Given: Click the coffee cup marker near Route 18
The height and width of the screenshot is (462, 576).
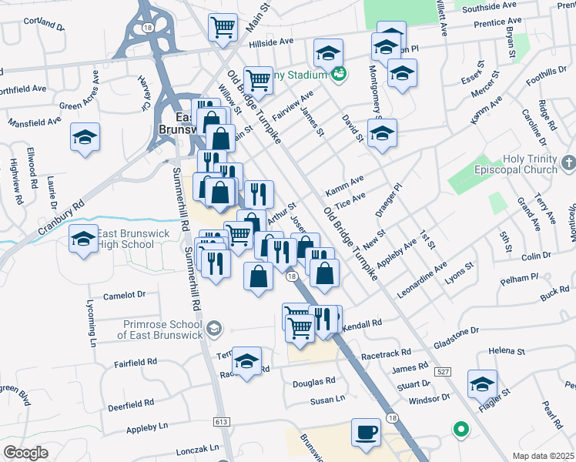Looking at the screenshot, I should [x=366, y=432].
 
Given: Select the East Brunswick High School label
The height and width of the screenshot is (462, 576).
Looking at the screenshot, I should [x=114, y=239].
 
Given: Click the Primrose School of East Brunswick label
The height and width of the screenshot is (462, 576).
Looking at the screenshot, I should [x=159, y=330].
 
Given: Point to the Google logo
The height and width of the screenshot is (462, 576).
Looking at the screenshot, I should [x=25, y=452].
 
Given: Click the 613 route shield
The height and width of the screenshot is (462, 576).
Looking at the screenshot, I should [x=222, y=422].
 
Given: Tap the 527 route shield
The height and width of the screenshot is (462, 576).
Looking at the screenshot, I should [x=442, y=372].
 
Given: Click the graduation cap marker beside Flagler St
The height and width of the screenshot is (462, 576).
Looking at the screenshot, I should [x=482, y=383].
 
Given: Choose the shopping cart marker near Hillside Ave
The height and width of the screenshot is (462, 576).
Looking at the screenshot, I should [x=223, y=26].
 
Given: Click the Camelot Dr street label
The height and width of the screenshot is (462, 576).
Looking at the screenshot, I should [x=124, y=295].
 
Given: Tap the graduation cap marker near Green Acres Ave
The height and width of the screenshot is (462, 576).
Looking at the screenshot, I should [x=85, y=138].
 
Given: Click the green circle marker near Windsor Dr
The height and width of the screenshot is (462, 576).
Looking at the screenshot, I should [x=461, y=429].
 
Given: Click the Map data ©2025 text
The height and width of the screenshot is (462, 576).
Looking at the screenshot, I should [x=543, y=456].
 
